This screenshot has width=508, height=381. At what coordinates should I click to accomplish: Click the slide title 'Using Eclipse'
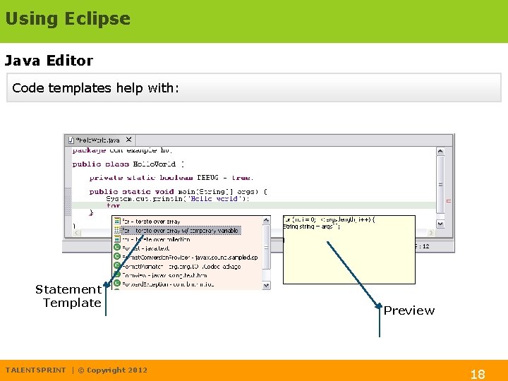pos(68,19)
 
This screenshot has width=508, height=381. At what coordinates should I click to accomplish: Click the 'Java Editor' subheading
pos(49,61)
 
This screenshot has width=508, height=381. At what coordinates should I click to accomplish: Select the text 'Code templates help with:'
pos(96,88)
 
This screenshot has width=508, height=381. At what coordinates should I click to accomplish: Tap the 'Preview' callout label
pos(409,310)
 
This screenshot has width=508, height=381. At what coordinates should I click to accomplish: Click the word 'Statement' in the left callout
pos(68,289)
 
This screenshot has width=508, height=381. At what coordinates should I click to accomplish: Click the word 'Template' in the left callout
pos(71,303)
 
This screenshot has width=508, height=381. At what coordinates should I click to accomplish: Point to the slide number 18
pos(478,374)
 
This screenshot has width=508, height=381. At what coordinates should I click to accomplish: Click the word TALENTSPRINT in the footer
pos(35,370)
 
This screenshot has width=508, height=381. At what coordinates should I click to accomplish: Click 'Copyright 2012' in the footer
pos(117,370)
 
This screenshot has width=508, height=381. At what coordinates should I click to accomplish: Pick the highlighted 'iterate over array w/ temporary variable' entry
pos(180,231)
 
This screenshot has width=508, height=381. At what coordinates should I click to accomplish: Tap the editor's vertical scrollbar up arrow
pos(440,150)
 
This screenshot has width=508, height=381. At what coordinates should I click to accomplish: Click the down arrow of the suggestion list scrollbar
pos(266,286)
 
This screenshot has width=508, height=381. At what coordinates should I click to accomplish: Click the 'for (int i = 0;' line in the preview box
pos(329,219)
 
